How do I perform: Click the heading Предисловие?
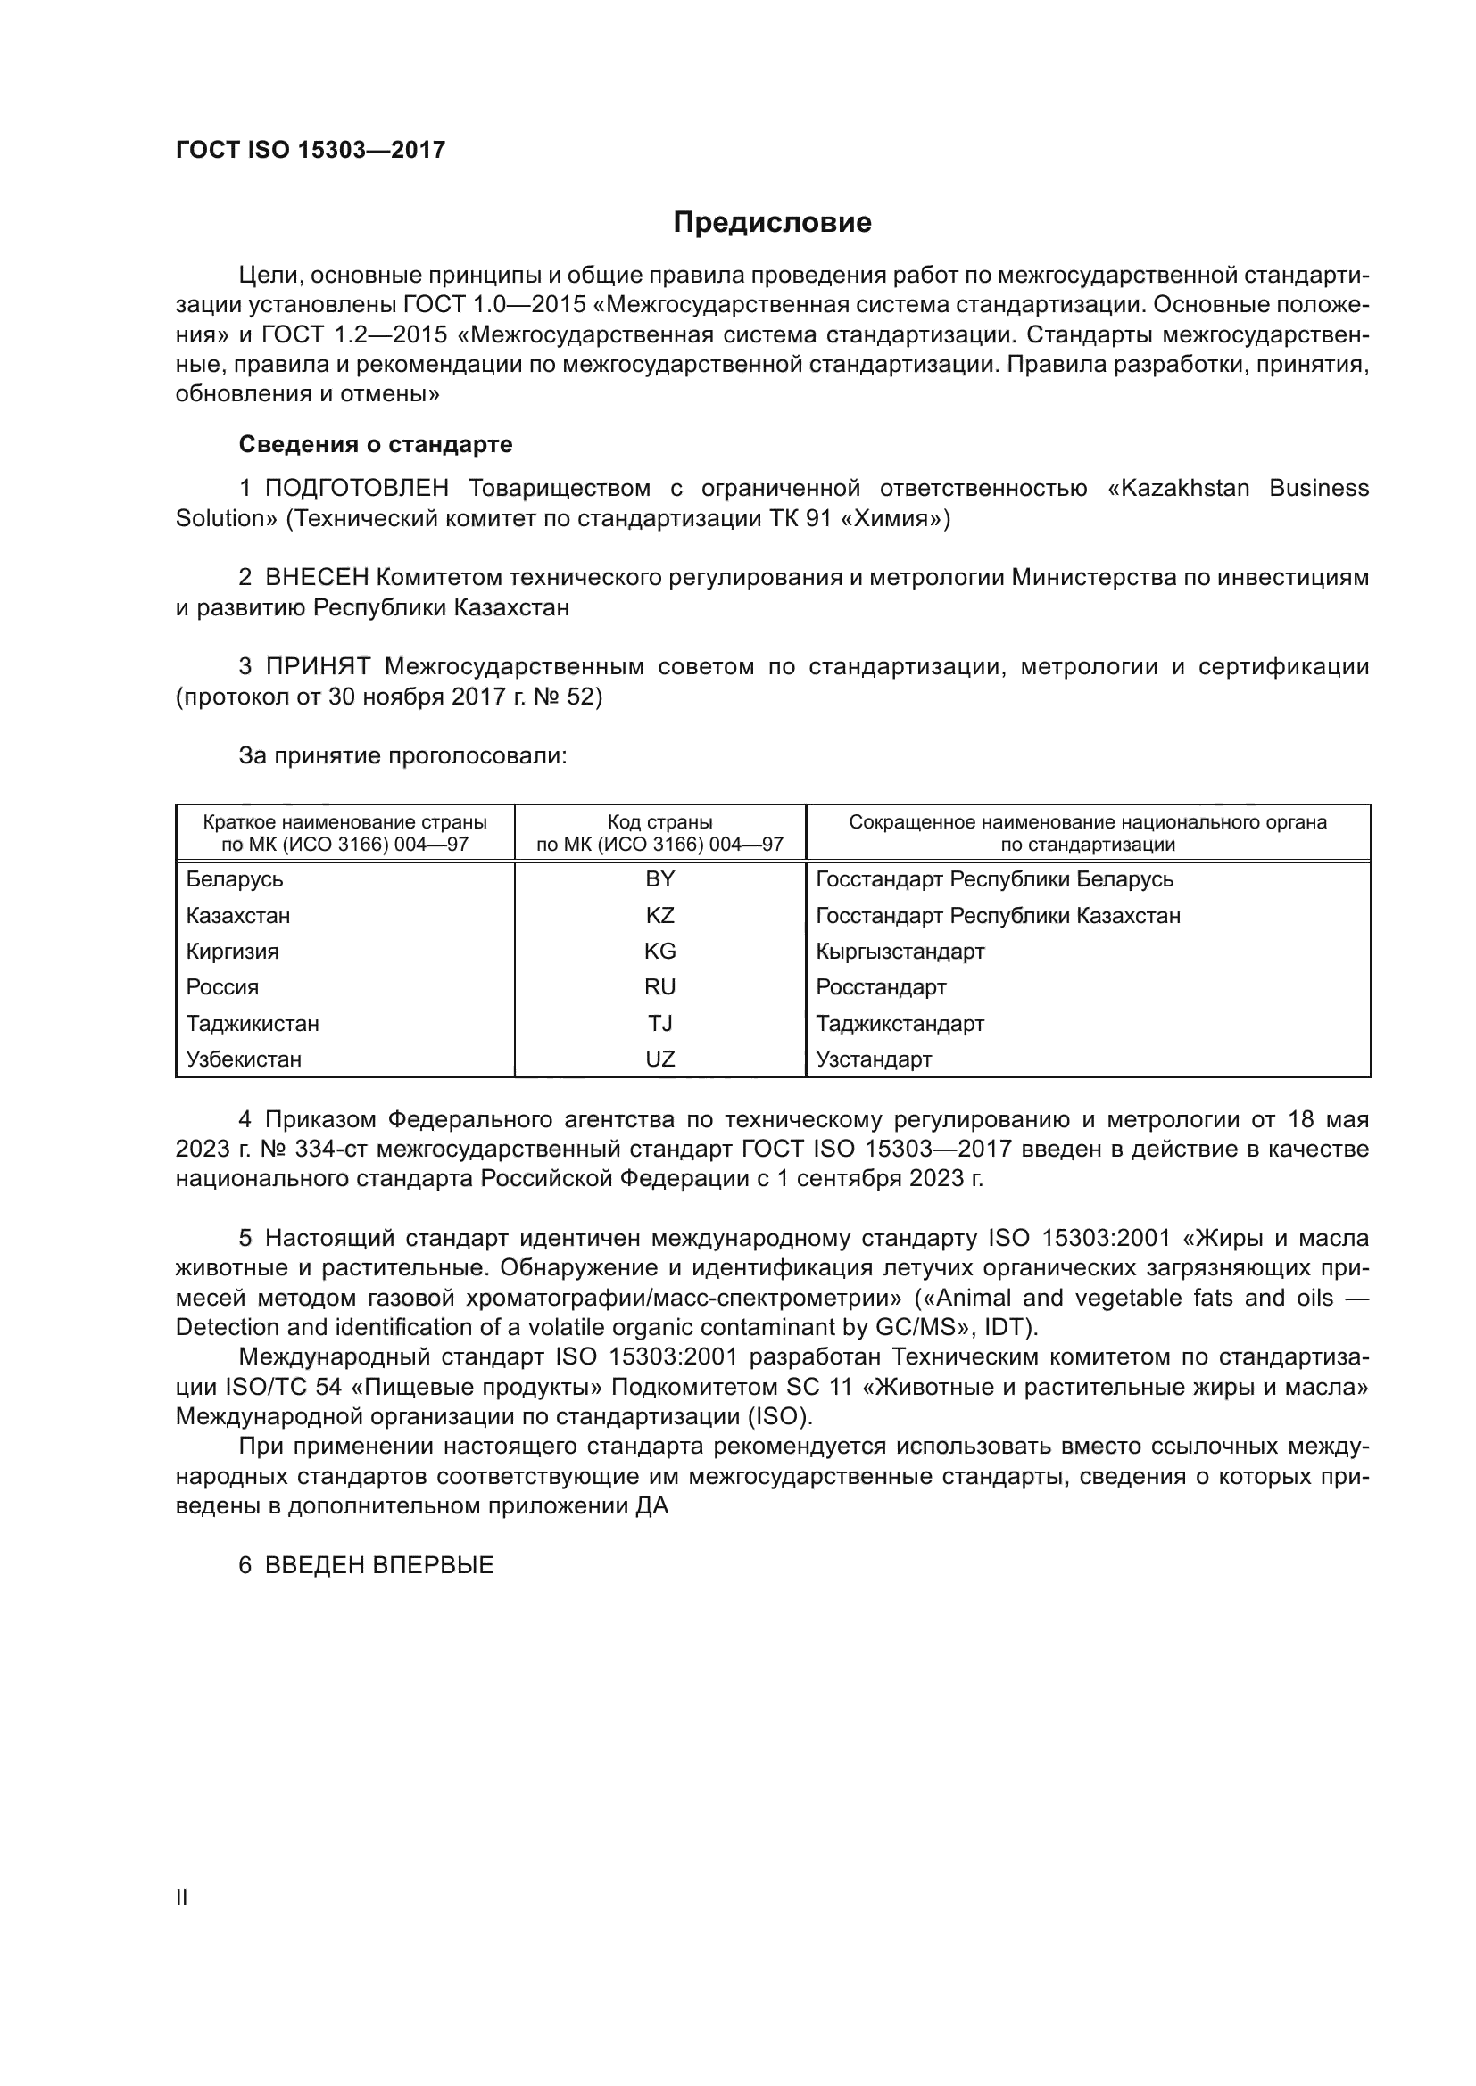coord(772,223)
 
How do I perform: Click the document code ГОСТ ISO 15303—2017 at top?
coord(310,150)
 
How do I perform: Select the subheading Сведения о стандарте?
coord(376,444)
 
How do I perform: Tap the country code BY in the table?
coord(659,879)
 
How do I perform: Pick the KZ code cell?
coord(659,916)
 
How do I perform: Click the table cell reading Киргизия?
coord(233,952)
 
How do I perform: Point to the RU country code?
coord(659,987)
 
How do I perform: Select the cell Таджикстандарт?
coord(900,1024)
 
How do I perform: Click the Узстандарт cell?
coord(874,1059)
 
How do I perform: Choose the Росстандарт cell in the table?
coord(881,987)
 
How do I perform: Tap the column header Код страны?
coord(659,822)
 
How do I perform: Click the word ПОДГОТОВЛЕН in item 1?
coord(356,489)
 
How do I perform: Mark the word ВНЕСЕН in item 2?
coord(317,578)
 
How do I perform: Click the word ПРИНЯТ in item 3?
coord(317,667)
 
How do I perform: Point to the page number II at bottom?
coord(182,1897)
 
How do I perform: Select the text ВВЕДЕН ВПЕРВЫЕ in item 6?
coord(379,1565)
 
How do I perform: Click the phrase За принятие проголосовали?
coord(402,756)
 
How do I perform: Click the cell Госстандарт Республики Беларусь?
coord(994,879)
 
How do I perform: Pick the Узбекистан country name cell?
coord(244,1059)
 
